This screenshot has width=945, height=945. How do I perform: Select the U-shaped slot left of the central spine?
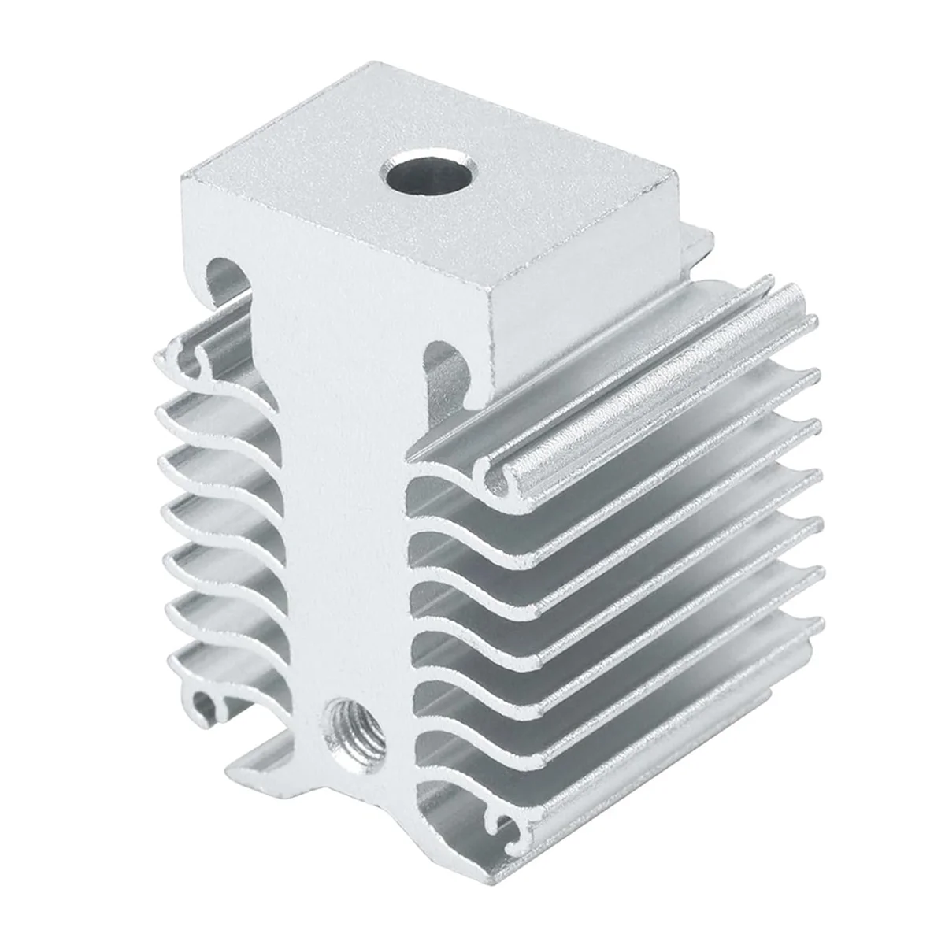[x=226, y=287]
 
